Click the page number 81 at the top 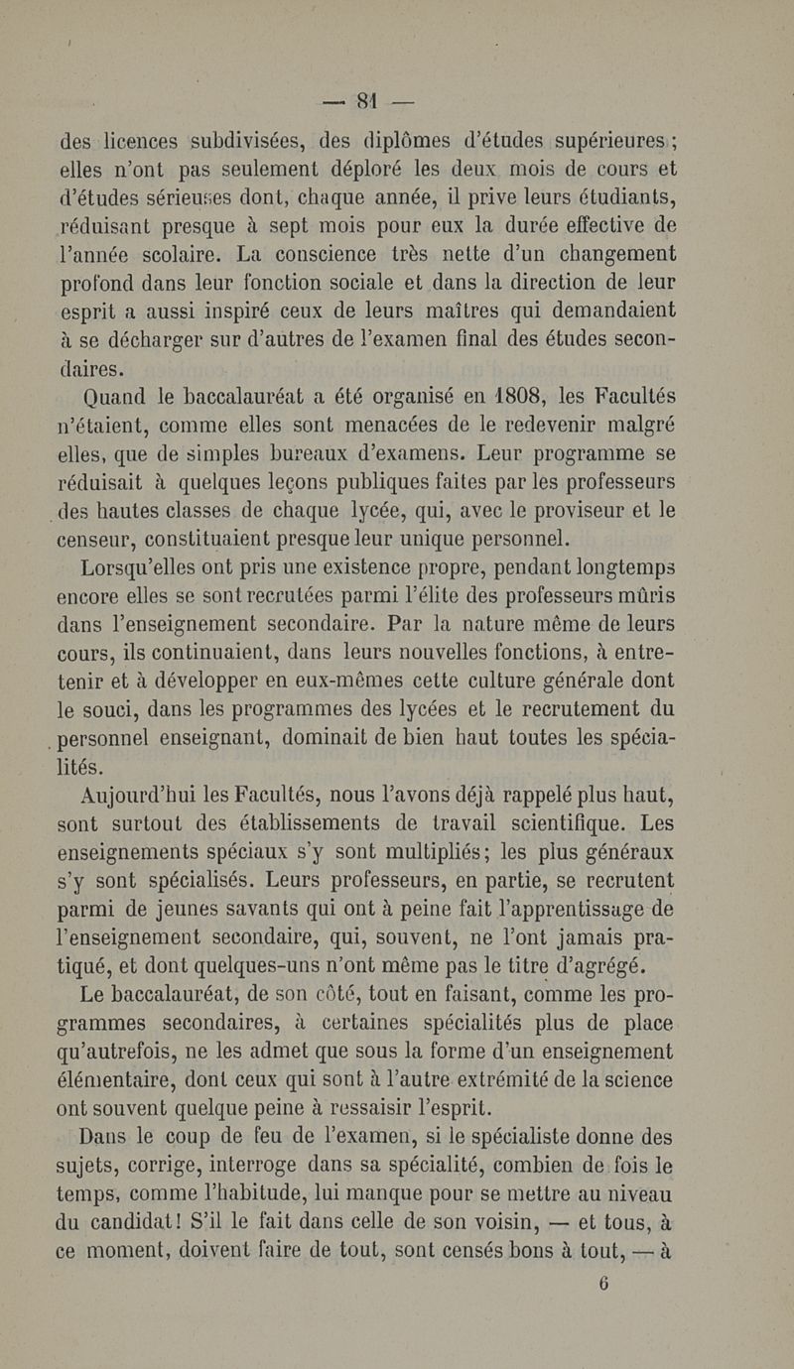point(369,99)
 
